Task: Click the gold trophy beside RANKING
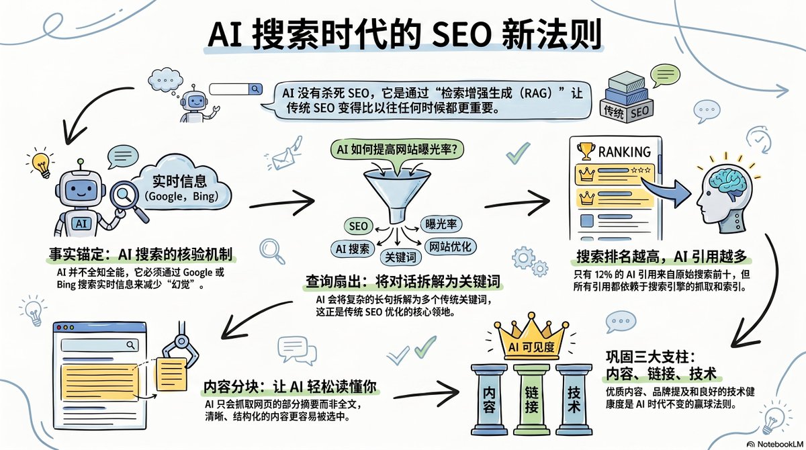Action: coord(586,151)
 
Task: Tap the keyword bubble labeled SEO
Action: coord(359,226)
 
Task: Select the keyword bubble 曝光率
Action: coord(441,224)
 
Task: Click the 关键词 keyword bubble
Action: coord(400,257)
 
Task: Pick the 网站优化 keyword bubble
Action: coord(450,246)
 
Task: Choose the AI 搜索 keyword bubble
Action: coord(353,249)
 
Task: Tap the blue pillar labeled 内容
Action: coord(490,400)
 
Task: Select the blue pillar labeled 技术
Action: coord(574,400)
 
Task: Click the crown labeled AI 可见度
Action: coord(531,338)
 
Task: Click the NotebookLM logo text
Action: coord(778,444)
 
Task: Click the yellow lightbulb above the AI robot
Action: coord(42,165)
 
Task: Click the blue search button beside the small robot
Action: coord(255,89)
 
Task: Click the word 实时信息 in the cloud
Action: coord(179,181)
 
